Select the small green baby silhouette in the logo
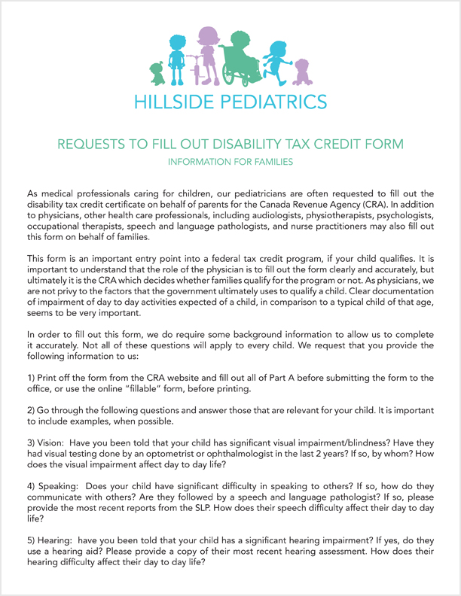tap(157, 73)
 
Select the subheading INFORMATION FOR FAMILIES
tap(230, 161)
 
